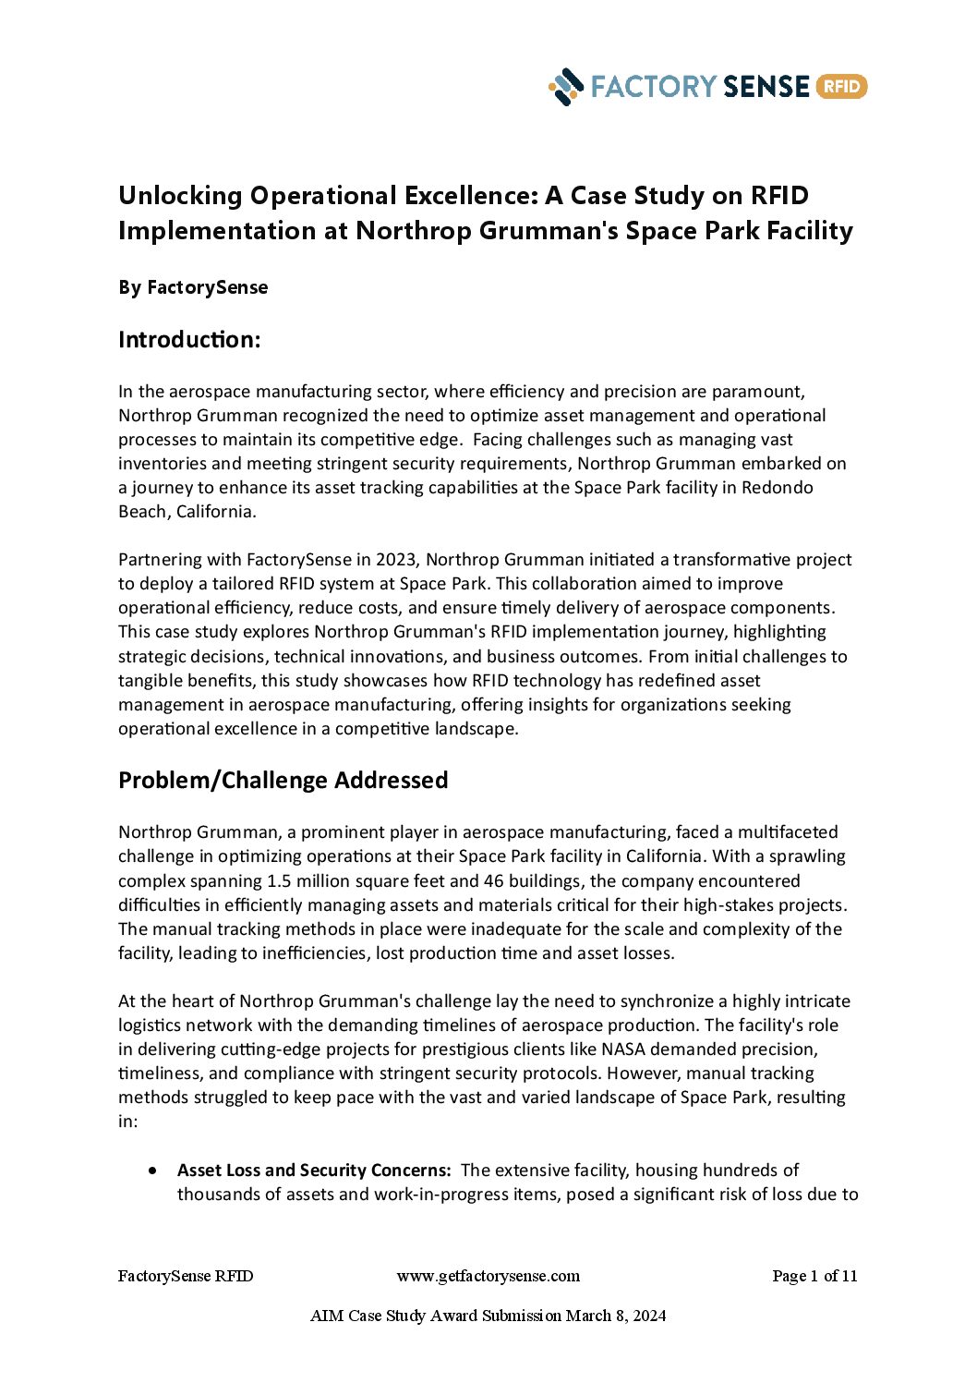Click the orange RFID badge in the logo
(840, 87)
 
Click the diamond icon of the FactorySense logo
(566, 87)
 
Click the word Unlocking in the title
(180, 196)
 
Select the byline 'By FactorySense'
(193, 287)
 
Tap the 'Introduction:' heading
(189, 340)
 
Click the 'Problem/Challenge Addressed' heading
(283, 781)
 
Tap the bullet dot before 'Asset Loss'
(152, 1171)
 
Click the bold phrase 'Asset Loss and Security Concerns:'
(314, 1171)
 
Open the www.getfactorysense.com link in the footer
(488, 1276)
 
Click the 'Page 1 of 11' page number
(814, 1276)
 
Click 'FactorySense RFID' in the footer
(186, 1276)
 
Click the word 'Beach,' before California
(144, 512)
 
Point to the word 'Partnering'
(156, 560)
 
